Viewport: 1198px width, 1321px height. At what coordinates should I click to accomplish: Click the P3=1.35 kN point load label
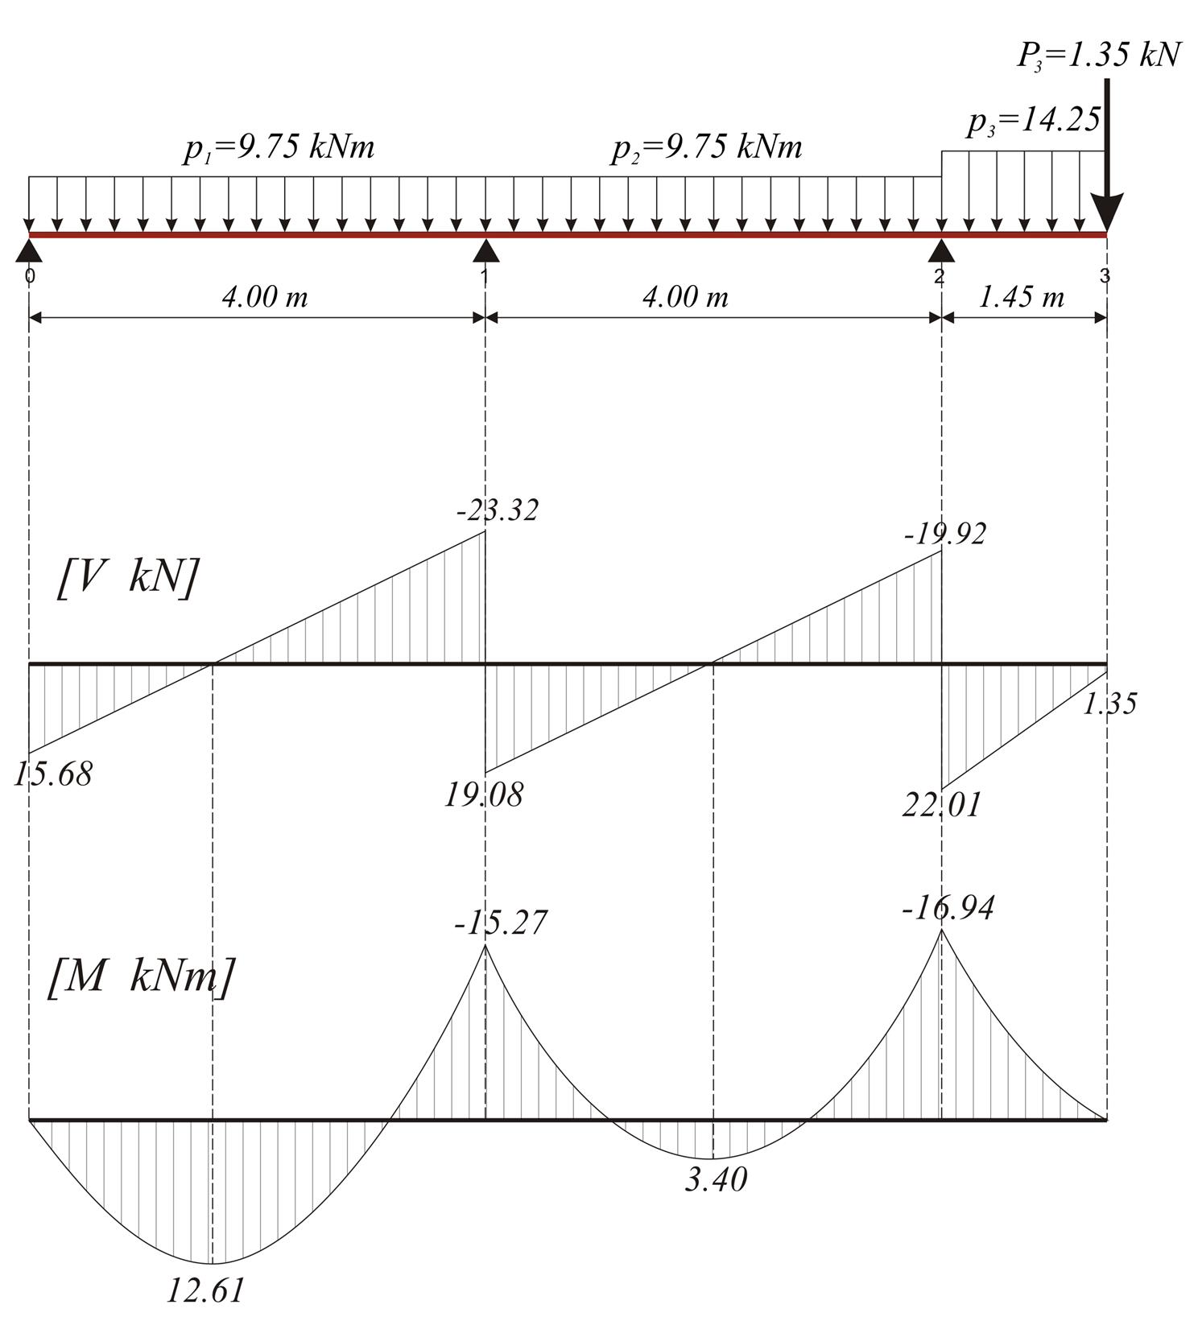coord(1098,56)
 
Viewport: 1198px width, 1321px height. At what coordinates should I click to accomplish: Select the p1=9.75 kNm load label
coord(279,149)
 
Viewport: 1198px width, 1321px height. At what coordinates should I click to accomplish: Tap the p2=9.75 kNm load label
coord(707,149)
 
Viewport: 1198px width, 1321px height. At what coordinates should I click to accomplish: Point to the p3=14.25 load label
coord(1034,122)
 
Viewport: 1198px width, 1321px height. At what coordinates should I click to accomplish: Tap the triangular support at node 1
coord(485,250)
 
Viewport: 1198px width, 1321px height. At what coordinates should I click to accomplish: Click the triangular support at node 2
coord(942,250)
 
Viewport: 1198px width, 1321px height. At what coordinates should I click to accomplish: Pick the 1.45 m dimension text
coord(1021,298)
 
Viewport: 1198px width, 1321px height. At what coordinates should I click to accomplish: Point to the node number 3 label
coord(1105,276)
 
